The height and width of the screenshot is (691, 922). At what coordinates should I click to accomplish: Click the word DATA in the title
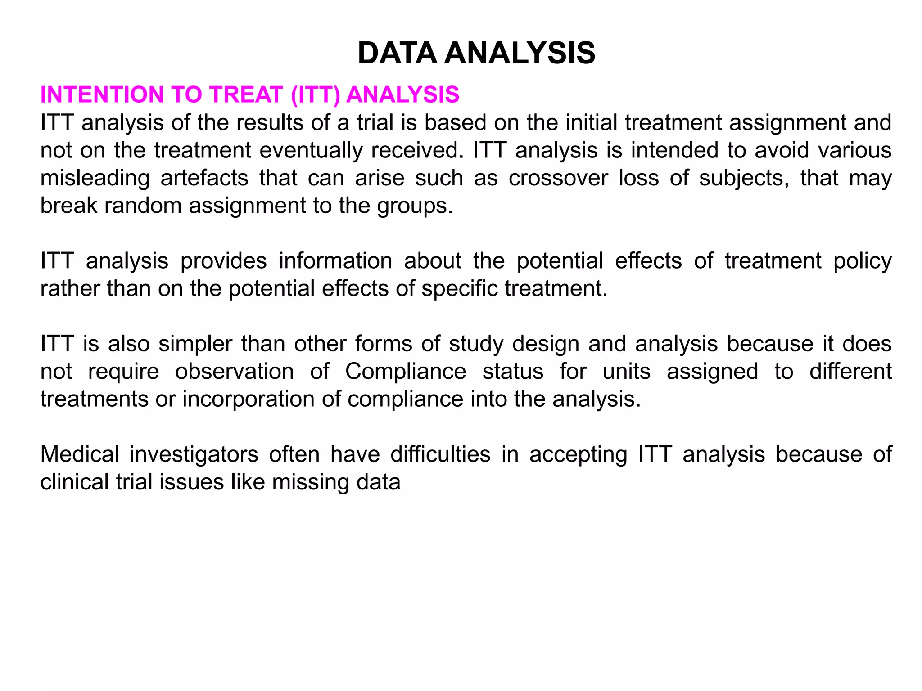397,53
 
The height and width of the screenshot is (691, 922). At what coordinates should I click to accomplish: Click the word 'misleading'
95,178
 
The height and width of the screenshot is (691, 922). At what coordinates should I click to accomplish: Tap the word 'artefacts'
204,178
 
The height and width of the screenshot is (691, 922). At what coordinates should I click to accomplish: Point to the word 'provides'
223,261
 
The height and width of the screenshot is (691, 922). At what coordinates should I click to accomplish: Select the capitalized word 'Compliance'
406,372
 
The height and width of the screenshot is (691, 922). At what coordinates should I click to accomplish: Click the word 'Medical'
80,454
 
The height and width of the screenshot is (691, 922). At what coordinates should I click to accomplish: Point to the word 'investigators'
194,454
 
